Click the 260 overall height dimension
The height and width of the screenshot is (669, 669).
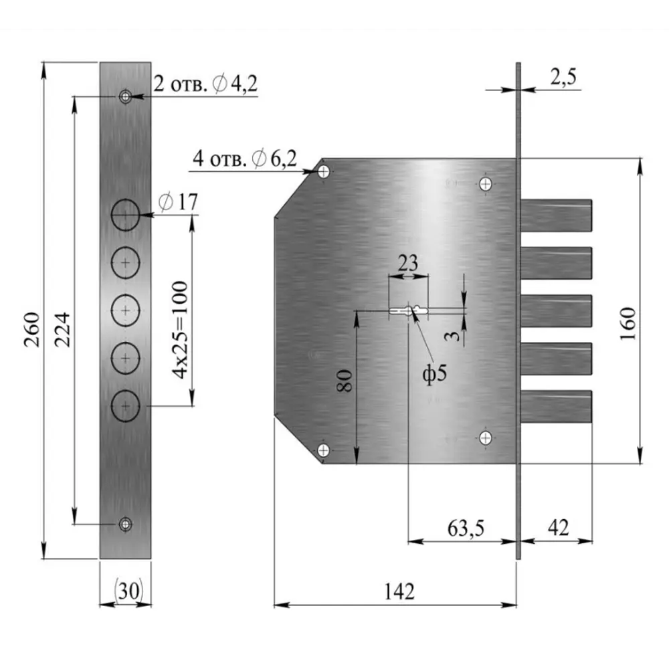[x=32, y=329]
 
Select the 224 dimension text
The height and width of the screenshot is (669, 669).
[x=62, y=329]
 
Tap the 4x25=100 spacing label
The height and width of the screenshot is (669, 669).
[x=180, y=330]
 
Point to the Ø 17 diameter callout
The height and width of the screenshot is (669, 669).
[x=179, y=202]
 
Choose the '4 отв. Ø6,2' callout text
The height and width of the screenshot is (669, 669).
[x=244, y=159]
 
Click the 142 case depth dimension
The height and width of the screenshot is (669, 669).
[x=399, y=591]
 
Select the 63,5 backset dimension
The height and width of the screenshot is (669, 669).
[x=466, y=529]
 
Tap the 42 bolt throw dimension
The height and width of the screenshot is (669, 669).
[x=559, y=528]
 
